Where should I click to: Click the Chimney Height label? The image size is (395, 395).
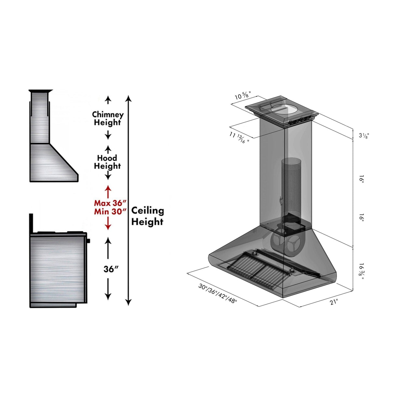(108, 118)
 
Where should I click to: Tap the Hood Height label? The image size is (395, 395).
(107, 162)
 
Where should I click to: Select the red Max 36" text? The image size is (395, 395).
(110, 203)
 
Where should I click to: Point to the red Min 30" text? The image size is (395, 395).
(110, 211)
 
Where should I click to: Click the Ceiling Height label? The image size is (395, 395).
(147, 216)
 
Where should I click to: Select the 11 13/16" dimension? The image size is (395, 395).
(239, 138)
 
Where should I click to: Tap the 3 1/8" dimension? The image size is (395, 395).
(364, 135)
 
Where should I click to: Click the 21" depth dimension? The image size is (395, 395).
(334, 302)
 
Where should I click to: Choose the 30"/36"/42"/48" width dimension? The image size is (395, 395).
(218, 293)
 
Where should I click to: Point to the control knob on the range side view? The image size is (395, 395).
(88, 241)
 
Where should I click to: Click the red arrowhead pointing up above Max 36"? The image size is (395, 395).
(108, 188)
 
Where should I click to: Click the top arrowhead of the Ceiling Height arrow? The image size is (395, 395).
(129, 98)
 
